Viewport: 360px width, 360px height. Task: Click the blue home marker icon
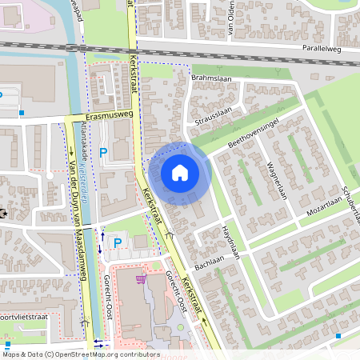coord(180,172)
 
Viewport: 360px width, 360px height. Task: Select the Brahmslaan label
coord(210,78)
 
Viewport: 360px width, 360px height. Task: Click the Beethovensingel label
coord(252,133)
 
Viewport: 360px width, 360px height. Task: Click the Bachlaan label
coord(208,262)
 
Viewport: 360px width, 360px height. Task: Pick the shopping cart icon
coord(142,279)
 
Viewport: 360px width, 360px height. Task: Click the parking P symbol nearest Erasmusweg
coord(102,153)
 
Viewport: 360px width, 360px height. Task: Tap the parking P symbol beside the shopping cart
coord(118,242)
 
